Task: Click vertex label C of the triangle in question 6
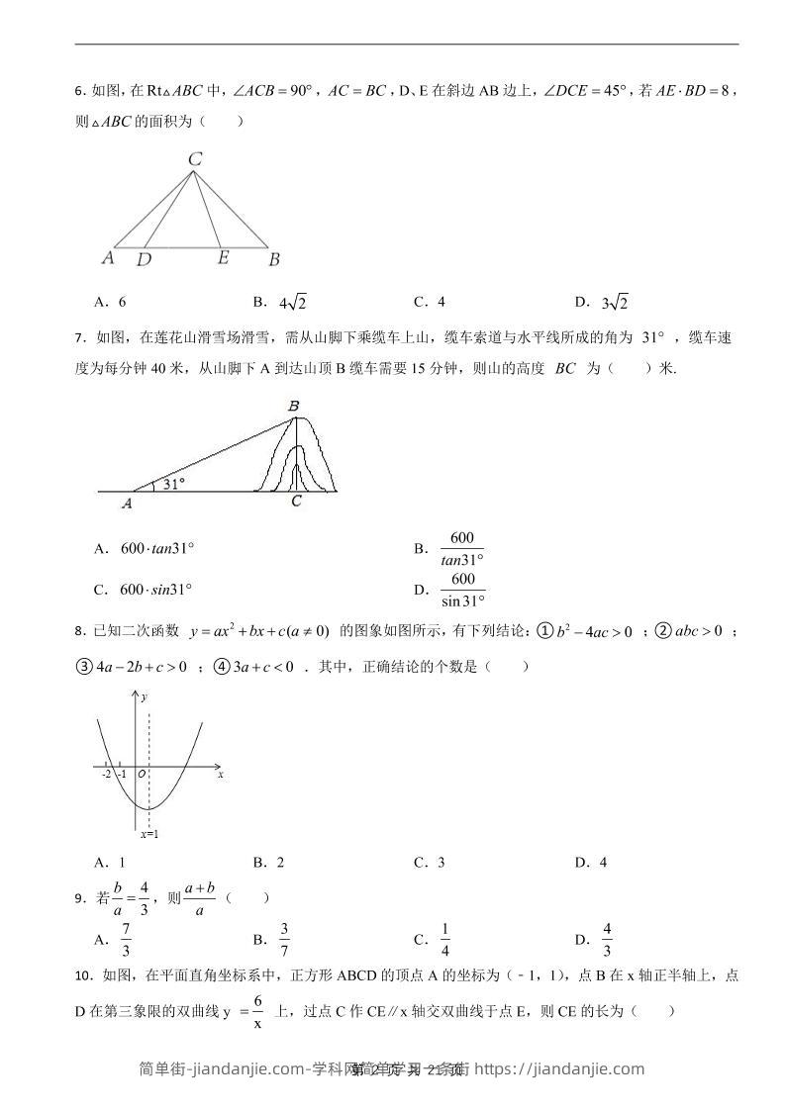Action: point(195,158)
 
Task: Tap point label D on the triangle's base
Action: point(145,259)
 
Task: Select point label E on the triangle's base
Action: point(223,257)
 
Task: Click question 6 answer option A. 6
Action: point(110,302)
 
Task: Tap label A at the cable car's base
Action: point(127,503)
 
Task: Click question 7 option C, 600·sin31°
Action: point(143,590)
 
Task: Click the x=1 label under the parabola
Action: point(149,835)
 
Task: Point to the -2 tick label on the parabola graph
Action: point(106,774)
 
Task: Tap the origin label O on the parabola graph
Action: point(142,774)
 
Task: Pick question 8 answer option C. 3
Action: point(429,863)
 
